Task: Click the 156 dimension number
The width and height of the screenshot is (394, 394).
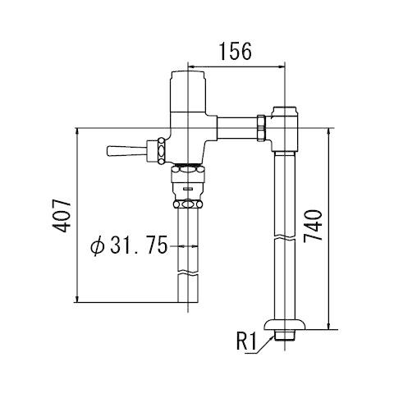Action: click(x=236, y=51)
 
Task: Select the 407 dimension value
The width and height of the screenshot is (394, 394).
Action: click(x=62, y=216)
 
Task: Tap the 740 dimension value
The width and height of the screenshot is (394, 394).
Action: click(x=313, y=226)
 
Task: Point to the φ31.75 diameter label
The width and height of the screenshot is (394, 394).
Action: click(x=129, y=245)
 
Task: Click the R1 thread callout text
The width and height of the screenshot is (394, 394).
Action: click(x=247, y=341)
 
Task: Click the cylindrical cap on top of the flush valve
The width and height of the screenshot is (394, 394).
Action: click(x=188, y=92)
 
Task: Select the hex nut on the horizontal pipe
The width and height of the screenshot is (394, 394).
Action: click(x=262, y=128)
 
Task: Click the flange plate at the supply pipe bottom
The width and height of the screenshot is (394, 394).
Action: click(x=285, y=325)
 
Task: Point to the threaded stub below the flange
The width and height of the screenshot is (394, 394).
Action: click(x=285, y=335)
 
